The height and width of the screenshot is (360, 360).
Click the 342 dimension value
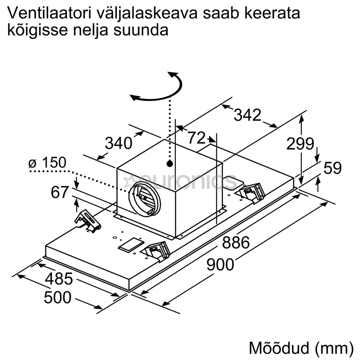[247, 115]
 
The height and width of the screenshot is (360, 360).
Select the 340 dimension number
[118, 143]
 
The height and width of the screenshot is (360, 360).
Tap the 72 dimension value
[197, 138]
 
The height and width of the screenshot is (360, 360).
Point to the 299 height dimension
[300, 144]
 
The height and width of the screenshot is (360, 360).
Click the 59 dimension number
[332, 168]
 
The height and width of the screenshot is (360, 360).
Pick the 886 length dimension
[236, 242]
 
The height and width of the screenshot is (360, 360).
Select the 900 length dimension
[220, 264]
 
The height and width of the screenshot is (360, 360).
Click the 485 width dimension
[59, 279]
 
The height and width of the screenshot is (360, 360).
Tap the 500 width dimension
[58, 297]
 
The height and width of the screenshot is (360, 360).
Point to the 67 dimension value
[60, 192]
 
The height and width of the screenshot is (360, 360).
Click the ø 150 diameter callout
[47, 163]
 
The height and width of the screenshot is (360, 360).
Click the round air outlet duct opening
[144, 199]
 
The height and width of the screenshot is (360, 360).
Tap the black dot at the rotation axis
[170, 164]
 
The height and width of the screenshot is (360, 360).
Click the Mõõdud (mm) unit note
[301, 348]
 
